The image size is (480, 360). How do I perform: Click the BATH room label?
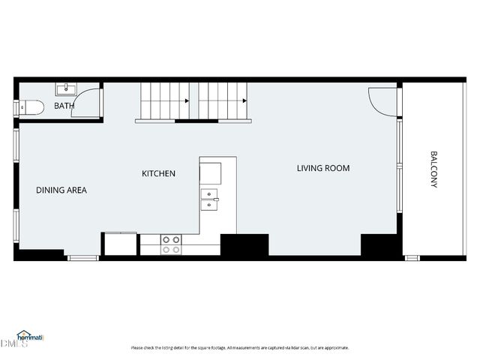click(x=64, y=106)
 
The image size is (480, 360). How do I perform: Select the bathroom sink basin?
click(x=66, y=89)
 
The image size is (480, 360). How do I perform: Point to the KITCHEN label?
click(x=159, y=174)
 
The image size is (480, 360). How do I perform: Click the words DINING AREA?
click(x=61, y=190)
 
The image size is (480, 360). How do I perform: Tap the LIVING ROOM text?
click(x=323, y=168)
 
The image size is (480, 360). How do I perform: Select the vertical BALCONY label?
click(x=433, y=169)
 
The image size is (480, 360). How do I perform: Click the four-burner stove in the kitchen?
click(x=171, y=244)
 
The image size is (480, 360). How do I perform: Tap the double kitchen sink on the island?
click(x=209, y=197)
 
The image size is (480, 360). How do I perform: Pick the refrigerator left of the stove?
click(x=120, y=244)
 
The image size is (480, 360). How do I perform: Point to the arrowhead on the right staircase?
click(x=244, y=100)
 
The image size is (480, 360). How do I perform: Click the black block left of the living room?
click(x=244, y=245)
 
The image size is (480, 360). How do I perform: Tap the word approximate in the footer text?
click(x=337, y=348)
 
